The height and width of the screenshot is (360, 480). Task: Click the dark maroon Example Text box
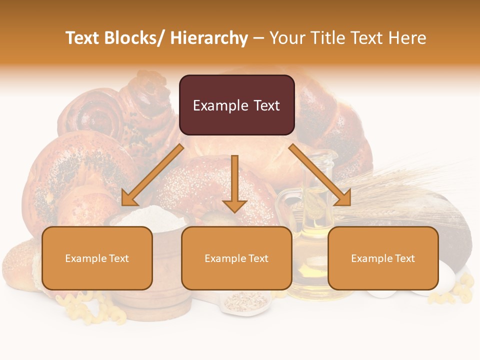(x=236, y=105)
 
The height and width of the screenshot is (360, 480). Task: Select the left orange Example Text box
(x=97, y=258)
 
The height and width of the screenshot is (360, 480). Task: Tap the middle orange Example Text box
(x=236, y=258)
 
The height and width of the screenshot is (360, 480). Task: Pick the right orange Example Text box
(x=383, y=258)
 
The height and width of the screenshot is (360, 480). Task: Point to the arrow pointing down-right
(x=320, y=175)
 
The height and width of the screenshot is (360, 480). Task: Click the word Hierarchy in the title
(x=209, y=38)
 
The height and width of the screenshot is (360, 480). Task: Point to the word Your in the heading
(x=287, y=38)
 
